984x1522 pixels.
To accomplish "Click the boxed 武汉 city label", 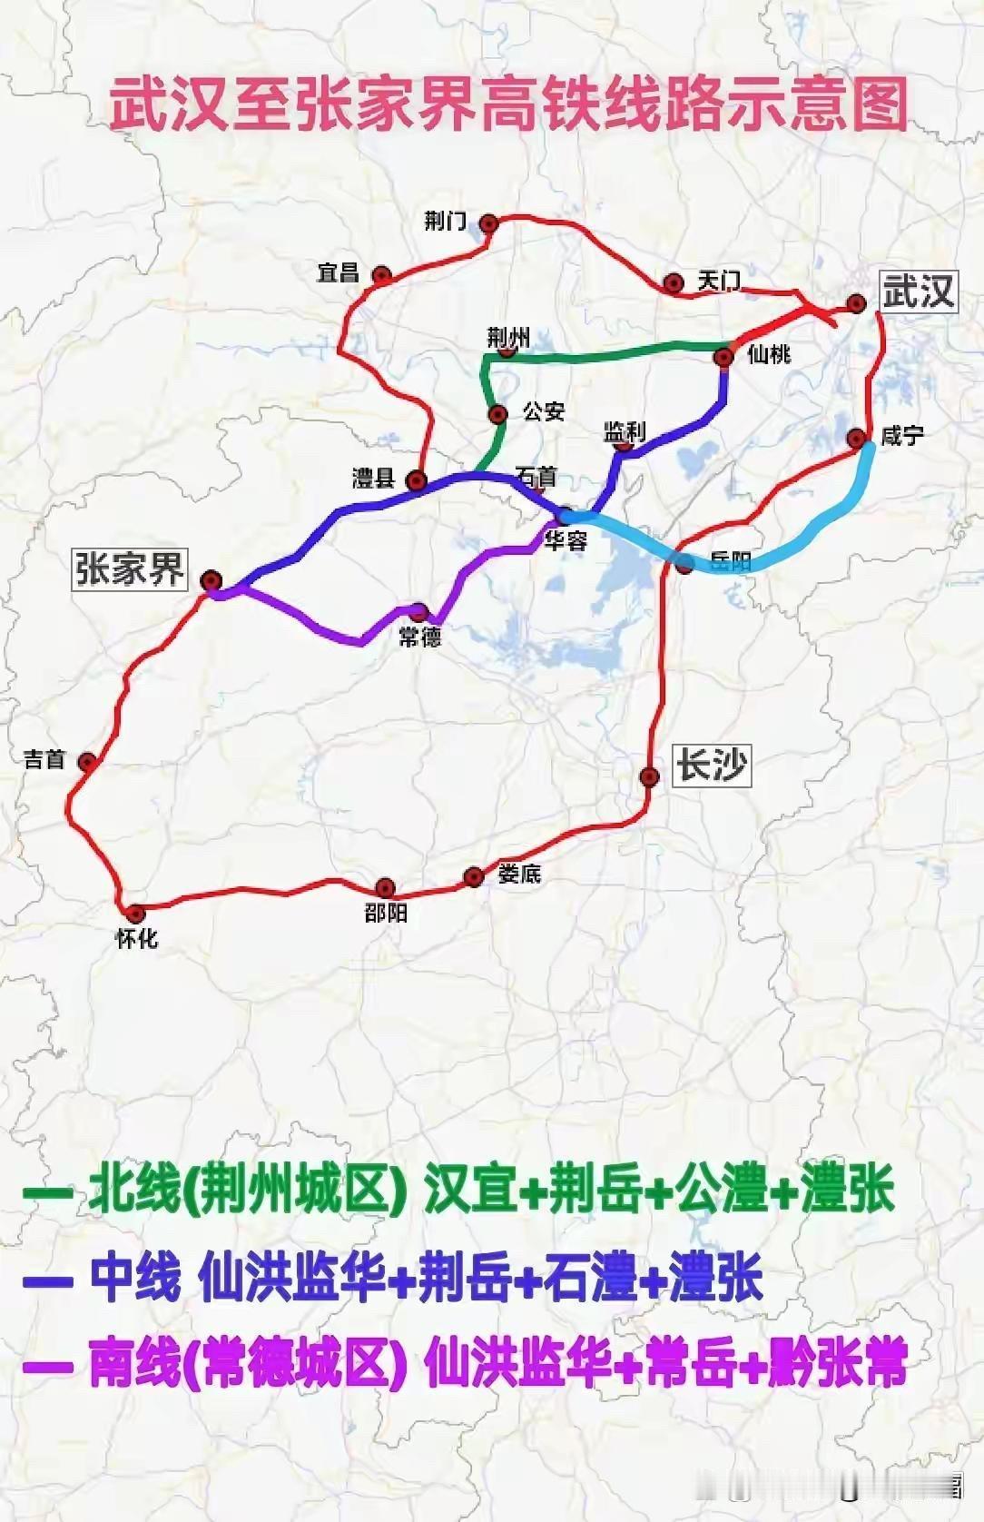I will (918, 292).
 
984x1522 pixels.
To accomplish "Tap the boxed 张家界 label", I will (130, 569).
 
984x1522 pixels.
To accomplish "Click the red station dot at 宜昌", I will (382, 275).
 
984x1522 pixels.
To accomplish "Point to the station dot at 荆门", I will (489, 223).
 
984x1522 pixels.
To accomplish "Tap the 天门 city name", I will (718, 281).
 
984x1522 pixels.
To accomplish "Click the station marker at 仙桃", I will (723, 358).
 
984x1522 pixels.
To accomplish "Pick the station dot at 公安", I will (497, 415).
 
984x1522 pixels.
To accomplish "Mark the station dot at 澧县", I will (417, 480).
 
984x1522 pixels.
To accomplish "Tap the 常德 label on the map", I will (420, 637).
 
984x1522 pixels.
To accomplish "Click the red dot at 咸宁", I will (856, 440).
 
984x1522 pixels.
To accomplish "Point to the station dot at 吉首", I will (87, 762).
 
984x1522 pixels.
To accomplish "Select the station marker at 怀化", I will (135, 914).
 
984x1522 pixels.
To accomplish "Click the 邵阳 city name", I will (386, 913).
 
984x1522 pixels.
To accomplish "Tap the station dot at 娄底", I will (473, 877).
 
